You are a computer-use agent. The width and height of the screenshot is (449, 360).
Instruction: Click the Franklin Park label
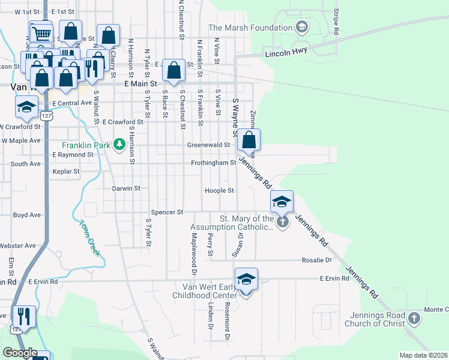point(88,145)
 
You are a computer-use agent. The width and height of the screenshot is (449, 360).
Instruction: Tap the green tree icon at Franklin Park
point(119,144)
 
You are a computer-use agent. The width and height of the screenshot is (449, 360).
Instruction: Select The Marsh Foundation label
point(250,28)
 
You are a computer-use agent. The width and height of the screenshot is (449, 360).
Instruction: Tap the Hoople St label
point(219,190)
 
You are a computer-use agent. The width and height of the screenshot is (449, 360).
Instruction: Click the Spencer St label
point(167,212)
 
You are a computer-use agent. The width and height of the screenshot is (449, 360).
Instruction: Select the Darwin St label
point(126,188)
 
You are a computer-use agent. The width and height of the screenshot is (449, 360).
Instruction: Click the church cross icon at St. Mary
point(283,222)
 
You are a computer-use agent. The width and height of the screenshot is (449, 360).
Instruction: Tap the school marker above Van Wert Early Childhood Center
point(246,280)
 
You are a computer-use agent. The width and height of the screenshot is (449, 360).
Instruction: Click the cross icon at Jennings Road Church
point(414,319)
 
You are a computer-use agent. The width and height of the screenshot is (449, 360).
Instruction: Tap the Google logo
point(20,353)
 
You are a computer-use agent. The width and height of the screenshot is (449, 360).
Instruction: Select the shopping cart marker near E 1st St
point(40,33)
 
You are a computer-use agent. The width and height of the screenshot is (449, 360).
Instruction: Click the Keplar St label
point(65,171)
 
